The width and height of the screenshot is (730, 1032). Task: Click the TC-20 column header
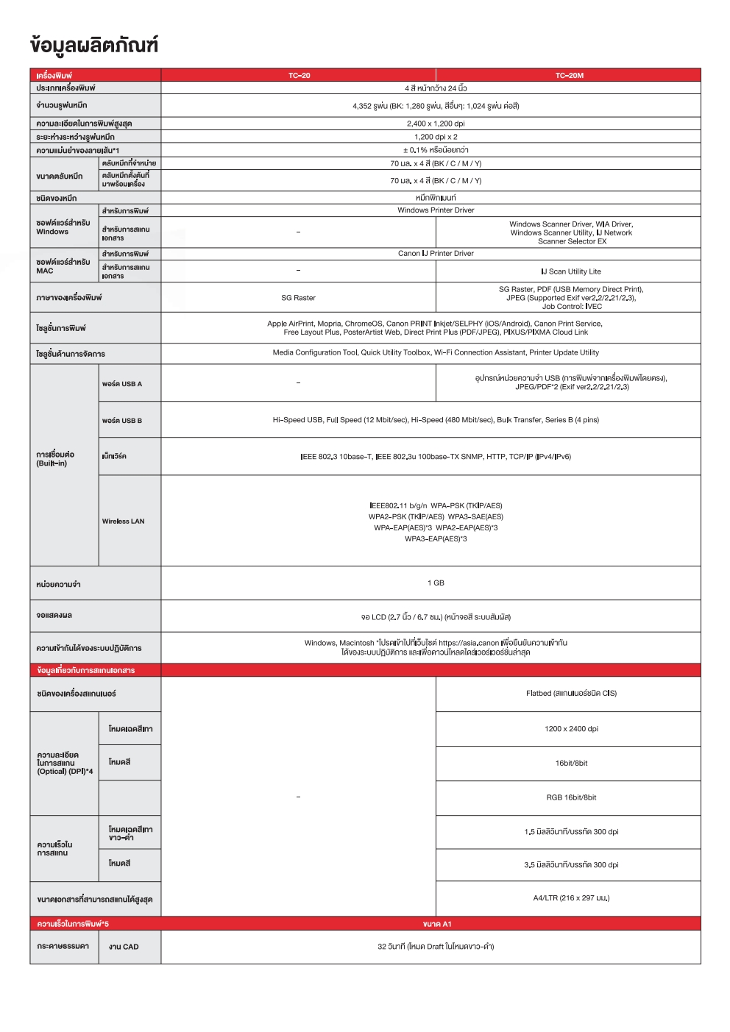(299, 75)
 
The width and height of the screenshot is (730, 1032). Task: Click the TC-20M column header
(569, 75)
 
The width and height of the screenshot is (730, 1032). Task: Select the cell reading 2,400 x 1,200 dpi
(436, 124)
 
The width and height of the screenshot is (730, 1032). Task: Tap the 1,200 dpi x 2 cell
(436, 137)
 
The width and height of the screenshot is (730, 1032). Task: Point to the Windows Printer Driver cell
(436, 210)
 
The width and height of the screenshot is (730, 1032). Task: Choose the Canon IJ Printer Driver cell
(436, 254)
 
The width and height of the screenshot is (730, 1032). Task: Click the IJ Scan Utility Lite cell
(571, 271)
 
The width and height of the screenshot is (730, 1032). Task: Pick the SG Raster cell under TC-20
(298, 298)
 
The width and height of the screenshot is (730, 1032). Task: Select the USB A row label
(122, 384)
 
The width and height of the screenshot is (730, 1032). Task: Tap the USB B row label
(122, 421)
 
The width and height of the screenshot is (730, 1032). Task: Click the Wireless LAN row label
(123, 522)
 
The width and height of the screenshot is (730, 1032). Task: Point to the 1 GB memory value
(436, 583)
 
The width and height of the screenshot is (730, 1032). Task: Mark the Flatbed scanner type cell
(571, 694)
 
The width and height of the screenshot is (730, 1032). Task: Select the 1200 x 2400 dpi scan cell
(571, 729)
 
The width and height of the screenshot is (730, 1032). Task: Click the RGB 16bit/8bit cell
(571, 797)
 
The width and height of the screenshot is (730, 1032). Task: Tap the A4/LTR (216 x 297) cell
(571, 898)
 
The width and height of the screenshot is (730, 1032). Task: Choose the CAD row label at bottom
(124, 947)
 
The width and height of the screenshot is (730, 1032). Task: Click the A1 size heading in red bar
(437, 924)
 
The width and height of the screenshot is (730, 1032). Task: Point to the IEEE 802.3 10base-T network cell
(436, 457)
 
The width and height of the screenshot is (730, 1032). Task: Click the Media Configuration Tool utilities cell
(436, 353)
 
